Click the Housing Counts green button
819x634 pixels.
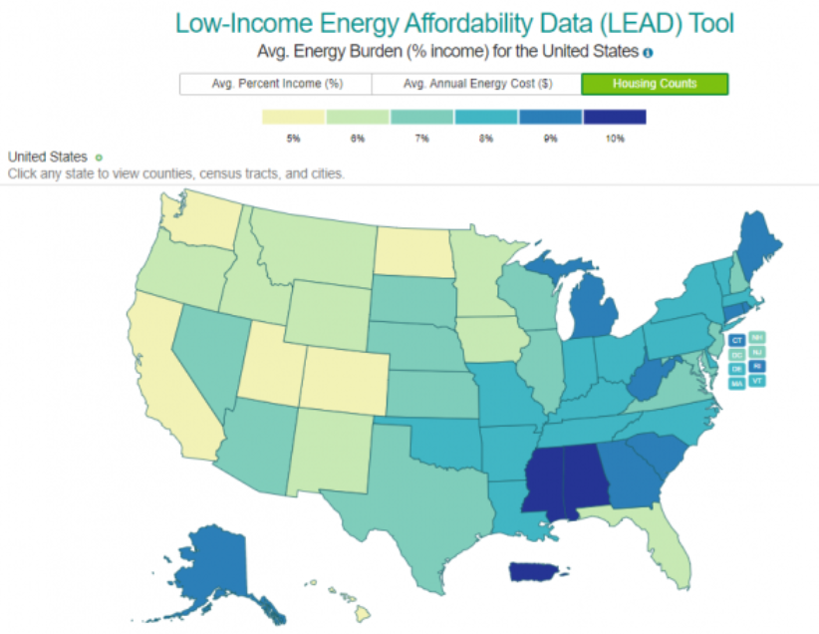(x=655, y=84)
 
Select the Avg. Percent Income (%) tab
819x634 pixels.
(x=275, y=84)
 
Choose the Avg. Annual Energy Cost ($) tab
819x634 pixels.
(x=477, y=84)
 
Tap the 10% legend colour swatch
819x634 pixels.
(x=615, y=117)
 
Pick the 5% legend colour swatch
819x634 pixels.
(x=294, y=117)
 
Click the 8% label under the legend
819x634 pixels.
(x=486, y=139)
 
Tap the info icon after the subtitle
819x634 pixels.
(x=648, y=52)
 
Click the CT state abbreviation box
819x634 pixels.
(x=737, y=340)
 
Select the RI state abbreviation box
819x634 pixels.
(x=758, y=367)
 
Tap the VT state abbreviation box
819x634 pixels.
(x=758, y=382)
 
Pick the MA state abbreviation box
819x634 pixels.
(x=737, y=382)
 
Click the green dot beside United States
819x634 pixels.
(x=99, y=158)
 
